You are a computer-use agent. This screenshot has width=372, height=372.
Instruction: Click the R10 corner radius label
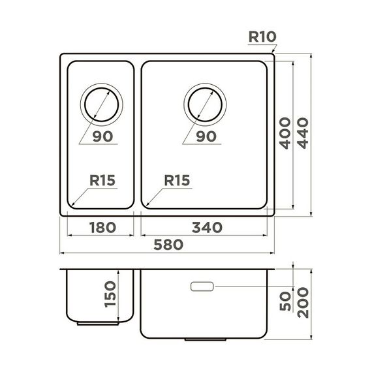(x=264, y=37)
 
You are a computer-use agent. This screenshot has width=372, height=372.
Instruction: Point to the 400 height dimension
(x=285, y=132)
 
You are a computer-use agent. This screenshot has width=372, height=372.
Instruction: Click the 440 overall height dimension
(x=303, y=132)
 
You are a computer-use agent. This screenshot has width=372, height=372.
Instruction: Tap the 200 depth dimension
(x=303, y=303)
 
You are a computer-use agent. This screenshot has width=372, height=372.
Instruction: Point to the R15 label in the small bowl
(x=102, y=180)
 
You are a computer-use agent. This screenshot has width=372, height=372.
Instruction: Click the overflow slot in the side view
(x=202, y=286)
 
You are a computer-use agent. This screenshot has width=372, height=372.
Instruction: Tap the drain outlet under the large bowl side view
(x=204, y=339)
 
